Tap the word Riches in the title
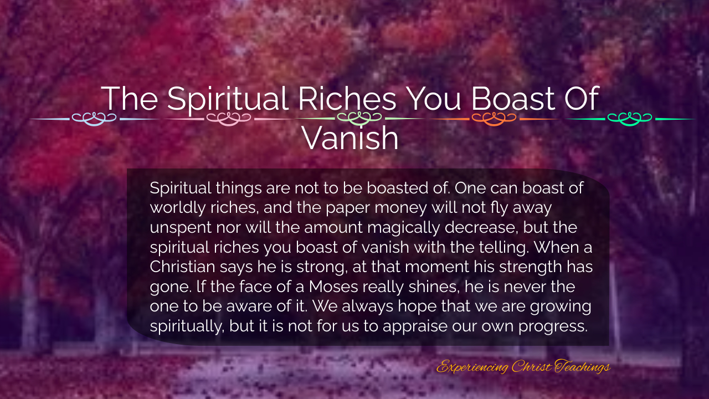[x=347, y=98]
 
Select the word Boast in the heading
[x=513, y=98]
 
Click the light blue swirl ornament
[x=94, y=119]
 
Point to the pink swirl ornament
[x=229, y=119]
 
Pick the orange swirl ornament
[x=494, y=119]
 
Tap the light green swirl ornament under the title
[x=359, y=119]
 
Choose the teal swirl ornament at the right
[x=629, y=119]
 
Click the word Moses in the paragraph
[x=333, y=287]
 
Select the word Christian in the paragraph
[x=182, y=267]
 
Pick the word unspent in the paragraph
[x=181, y=228]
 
